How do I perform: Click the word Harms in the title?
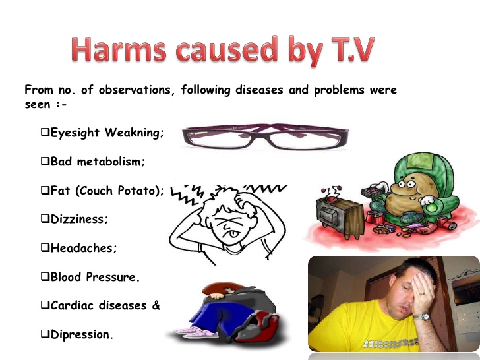(119, 49)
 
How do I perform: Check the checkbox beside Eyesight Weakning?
(45, 133)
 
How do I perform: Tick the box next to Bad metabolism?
(45, 161)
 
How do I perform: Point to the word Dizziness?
(79, 219)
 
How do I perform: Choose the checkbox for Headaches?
(45, 247)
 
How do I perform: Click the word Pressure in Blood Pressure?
(113, 277)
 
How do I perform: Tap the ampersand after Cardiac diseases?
(156, 305)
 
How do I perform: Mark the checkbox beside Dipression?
(45, 334)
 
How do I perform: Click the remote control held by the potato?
(373, 192)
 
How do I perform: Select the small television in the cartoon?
(340, 216)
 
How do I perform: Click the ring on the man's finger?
(422, 293)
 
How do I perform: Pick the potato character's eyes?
(407, 184)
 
